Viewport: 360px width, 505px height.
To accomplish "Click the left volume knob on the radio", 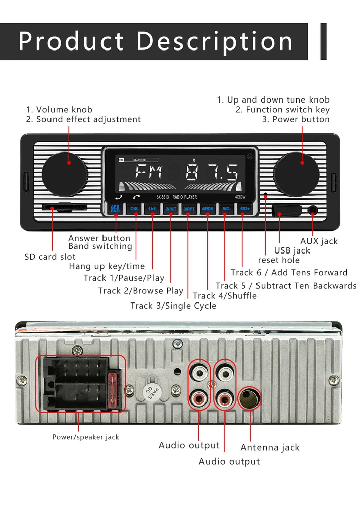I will tap(64, 174).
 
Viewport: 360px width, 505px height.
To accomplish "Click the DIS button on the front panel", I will tap(134, 208).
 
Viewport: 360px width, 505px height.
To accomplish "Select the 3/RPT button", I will tap(189, 208).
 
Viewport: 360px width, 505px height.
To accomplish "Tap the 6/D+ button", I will tap(244, 208).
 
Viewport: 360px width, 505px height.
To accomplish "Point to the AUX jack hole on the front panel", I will tap(313, 210).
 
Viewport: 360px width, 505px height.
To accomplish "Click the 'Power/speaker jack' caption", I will tap(85, 437).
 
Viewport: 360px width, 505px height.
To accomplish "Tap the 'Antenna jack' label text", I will tap(270, 447).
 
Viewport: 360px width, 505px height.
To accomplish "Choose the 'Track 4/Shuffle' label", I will tap(225, 296).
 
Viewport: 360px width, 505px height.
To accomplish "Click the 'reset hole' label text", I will tap(278, 260).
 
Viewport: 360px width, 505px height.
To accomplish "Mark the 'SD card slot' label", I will tap(50, 257).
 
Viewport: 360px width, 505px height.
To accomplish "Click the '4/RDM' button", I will tap(208, 208).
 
